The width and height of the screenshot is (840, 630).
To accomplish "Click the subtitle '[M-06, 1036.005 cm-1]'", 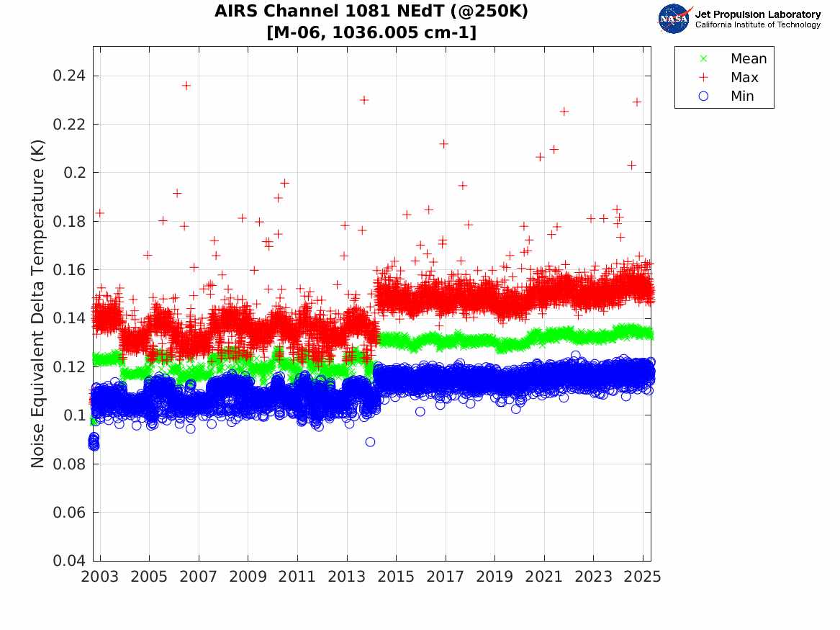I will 371,32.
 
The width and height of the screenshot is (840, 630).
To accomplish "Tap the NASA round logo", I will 674,19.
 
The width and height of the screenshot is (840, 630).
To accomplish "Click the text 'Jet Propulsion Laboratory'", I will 757,14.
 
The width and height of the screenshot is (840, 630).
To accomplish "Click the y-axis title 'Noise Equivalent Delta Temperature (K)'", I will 39,303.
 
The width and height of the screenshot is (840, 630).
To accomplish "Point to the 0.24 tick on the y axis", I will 70,76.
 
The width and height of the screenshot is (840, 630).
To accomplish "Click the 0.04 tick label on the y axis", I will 70,562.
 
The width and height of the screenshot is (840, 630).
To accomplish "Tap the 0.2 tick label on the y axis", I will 75,173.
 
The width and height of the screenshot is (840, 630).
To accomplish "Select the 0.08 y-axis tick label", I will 70,464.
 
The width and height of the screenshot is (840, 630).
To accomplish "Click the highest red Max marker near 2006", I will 186,85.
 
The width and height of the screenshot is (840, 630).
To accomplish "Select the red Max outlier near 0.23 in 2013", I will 364,100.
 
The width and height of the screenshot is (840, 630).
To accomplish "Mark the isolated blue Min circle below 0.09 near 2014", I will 370,442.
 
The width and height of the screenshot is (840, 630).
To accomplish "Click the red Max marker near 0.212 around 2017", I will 444,144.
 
